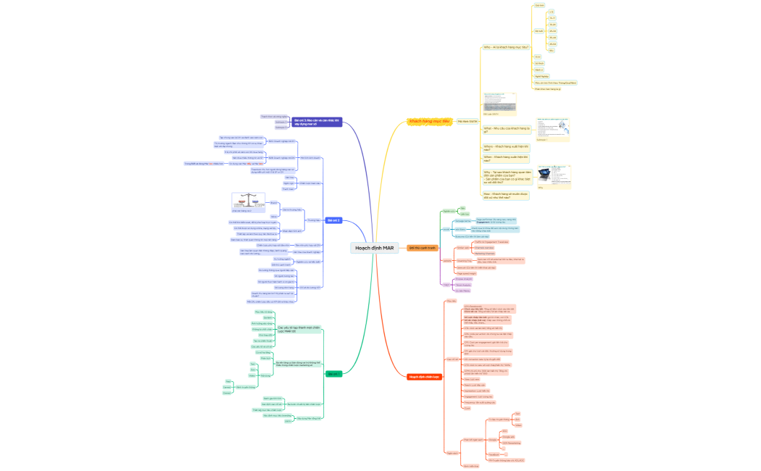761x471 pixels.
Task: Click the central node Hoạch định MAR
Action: tap(374, 248)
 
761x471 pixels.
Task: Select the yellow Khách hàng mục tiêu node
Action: tap(430, 121)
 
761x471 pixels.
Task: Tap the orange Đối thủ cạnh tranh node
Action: tap(423, 248)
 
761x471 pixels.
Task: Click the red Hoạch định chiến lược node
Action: tap(425, 377)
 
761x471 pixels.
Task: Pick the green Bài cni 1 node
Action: tap(333, 374)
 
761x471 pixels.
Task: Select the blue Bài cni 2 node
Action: tap(333, 220)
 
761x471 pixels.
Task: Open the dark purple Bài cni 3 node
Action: tap(317, 122)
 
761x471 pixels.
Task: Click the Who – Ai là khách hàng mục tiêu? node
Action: tap(506, 47)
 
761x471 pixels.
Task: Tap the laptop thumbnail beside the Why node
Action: tap(544, 175)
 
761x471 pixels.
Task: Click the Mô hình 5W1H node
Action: tap(467, 121)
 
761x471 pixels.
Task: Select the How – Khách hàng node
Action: tap(506, 195)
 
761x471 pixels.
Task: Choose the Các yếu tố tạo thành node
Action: tap(299, 329)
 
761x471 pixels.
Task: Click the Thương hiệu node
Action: tap(313, 220)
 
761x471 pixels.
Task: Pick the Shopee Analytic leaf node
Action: tap(464, 279)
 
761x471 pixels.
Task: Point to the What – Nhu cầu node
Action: tap(507, 130)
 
